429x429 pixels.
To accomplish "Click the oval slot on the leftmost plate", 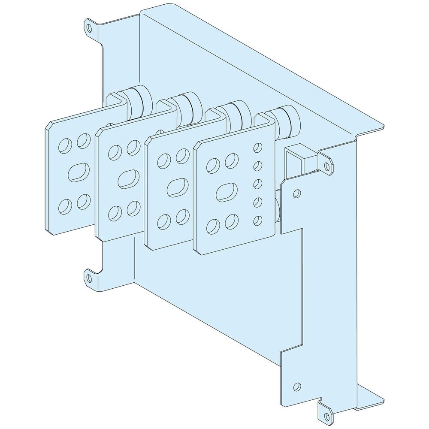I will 78,172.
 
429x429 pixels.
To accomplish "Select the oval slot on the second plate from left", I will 128,178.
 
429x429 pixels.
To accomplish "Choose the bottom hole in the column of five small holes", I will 257,220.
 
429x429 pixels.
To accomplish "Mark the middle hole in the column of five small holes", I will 257,184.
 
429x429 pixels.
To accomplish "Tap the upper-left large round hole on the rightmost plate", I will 211,163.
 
